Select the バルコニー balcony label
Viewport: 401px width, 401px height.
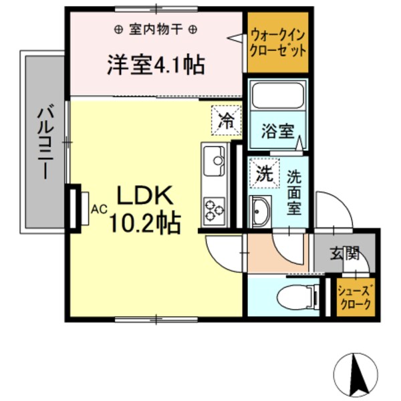[44, 141]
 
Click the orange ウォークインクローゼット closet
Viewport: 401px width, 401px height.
[278, 43]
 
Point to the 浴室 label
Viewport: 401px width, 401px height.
[277, 130]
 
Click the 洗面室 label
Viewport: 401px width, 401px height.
[295, 192]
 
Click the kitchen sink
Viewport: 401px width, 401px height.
[215, 160]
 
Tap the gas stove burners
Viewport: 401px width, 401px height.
[215, 209]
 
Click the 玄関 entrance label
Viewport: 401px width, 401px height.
[345, 253]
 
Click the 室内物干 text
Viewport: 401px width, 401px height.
[154, 29]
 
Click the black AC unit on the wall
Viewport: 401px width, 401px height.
[74, 208]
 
